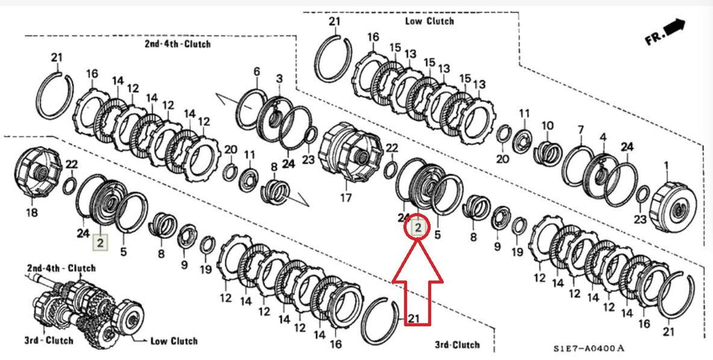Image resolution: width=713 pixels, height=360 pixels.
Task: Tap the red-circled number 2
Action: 418,226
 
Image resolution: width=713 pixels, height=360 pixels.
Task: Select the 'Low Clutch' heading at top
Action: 429,21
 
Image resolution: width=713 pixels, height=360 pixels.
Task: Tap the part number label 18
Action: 32,212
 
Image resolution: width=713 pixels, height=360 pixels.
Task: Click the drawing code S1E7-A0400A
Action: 589,347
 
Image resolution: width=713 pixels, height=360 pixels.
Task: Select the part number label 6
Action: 256,71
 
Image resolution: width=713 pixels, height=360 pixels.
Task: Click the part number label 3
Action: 279,78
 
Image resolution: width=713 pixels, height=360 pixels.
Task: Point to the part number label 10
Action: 547,125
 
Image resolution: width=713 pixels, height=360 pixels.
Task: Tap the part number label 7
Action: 580,130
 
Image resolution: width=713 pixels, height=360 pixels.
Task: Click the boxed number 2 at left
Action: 100,242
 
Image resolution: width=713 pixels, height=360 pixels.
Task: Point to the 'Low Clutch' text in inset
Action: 174,341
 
